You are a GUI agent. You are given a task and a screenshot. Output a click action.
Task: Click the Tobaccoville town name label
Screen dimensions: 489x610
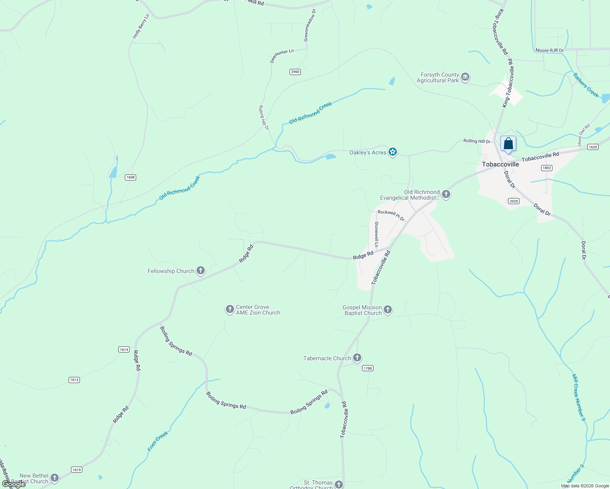click(x=500, y=164)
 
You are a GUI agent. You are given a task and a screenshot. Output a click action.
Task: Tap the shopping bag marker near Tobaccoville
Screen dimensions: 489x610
click(x=508, y=144)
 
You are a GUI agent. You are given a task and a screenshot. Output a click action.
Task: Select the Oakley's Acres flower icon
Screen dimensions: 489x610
click(x=393, y=152)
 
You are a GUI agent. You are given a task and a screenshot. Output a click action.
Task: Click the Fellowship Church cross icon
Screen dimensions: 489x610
click(x=201, y=271)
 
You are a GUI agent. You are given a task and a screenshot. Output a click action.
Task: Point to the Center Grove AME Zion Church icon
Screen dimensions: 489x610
click(x=230, y=309)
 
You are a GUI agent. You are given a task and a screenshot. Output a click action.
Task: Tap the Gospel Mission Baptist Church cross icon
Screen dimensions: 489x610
click(x=388, y=310)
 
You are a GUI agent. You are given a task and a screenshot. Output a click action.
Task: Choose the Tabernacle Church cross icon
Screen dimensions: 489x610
click(x=357, y=358)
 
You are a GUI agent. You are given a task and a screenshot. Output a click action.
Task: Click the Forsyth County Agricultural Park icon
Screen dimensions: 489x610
click(x=465, y=77)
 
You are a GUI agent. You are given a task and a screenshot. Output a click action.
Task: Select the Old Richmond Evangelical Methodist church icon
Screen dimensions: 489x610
click(x=446, y=194)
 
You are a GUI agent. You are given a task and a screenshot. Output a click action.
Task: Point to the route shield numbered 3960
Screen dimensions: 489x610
click(x=295, y=72)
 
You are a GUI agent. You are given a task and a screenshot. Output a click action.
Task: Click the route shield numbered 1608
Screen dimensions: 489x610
click(x=130, y=177)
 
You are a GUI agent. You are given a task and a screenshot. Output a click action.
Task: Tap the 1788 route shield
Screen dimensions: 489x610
click(x=368, y=368)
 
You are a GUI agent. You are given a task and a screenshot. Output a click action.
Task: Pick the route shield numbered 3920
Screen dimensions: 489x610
click(x=514, y=201)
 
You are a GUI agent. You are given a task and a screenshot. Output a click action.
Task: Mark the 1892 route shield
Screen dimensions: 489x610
click(x=547, y=168)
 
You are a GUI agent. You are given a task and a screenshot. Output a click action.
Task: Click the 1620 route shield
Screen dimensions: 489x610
click(x=593, y=147)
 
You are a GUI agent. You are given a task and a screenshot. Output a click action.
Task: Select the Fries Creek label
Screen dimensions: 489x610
click(x=158, y=441)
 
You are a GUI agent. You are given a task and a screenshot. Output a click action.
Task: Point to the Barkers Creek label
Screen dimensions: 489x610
click(x=586, y=85)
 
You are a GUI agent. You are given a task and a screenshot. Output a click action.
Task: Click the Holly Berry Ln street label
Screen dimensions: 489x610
click(x=141, y=26)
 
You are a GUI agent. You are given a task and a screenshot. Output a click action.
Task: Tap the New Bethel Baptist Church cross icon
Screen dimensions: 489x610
click(x=55, y=478)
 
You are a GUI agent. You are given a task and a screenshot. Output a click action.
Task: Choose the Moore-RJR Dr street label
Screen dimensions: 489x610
click(x=549, y=51)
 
